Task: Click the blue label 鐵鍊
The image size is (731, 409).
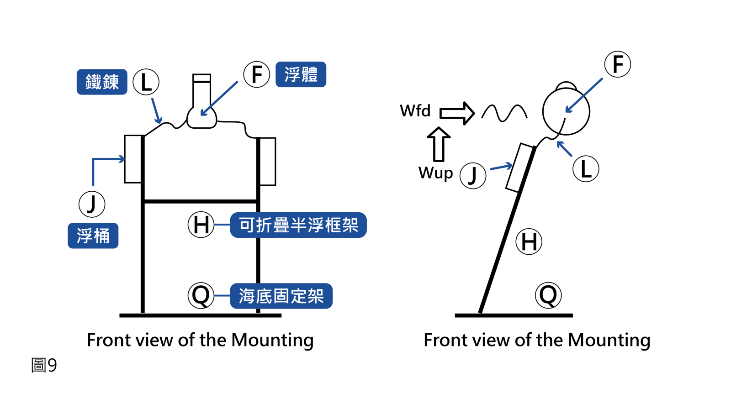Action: (x=102, y=82)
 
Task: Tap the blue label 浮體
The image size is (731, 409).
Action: (x=301, y=74)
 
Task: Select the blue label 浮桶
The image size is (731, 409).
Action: (x=93, y=236)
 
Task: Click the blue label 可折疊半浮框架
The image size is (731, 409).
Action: (x=298, y=225)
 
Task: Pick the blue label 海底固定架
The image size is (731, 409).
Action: (x=281, y=296)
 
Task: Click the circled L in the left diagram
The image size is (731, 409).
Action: (x=146, y=82)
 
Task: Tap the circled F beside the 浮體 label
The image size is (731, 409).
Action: (x=257, y=74)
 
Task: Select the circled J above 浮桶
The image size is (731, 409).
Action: (x=92, y=204)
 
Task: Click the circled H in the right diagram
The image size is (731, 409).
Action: (x=529, y=241)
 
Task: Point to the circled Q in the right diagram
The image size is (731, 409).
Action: (x=548, y=295)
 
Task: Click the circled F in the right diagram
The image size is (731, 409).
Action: (x=618, y=64)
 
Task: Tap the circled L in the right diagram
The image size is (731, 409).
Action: (x=586, y=169)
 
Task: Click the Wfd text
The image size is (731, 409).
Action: (x=415, y=111)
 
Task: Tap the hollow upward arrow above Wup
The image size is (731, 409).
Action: (x=439, y=144)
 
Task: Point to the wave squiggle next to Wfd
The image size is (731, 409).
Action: (x=504, y=113)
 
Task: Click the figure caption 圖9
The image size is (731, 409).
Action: (x=44, y=365)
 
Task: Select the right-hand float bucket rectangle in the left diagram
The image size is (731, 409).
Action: (x=268, y=162)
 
